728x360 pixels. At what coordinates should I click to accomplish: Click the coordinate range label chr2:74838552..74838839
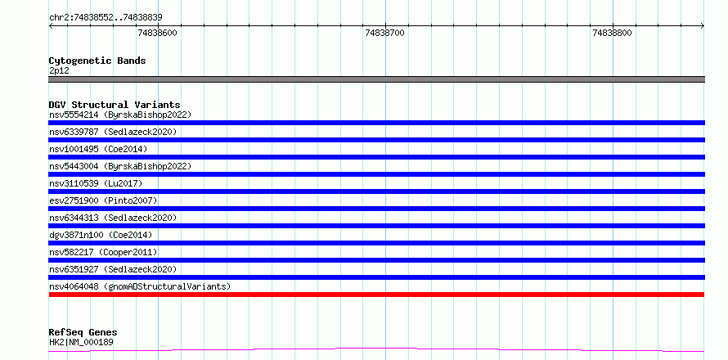point(106,18)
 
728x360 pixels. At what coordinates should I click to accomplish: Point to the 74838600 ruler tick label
point(158,33)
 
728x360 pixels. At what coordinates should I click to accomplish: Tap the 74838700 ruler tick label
point(385,33)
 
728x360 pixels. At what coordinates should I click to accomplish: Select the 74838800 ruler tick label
point(613,33)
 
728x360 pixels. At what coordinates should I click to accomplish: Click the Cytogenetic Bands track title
point(97,61)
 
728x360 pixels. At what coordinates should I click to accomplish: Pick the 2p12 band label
point(58,71)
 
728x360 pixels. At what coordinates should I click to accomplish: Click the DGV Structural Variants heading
point(115,105)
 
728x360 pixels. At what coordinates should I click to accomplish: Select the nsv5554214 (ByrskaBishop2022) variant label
point(120,115)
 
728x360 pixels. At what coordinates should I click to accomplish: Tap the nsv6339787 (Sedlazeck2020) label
point(113,132)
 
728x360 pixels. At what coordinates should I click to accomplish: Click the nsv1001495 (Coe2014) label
point(98,149)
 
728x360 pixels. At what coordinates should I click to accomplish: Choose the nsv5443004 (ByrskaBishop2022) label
point(120,166)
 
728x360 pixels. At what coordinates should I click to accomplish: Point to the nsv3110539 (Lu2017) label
point(96,183)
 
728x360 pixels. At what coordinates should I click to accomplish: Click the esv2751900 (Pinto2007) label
point(103,200)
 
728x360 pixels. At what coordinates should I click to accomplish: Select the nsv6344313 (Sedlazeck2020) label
point(113,218)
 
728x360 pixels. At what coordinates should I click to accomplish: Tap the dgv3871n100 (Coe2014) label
point(101,235)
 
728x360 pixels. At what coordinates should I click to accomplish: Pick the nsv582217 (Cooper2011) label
point(103,252)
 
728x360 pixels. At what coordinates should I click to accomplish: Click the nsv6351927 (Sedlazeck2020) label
point(113,269)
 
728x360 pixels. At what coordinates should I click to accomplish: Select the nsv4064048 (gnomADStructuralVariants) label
point(140,286)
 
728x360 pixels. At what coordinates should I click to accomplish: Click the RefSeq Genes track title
point(83,333)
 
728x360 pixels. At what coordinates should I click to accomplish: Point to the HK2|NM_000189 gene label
point(81,343)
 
